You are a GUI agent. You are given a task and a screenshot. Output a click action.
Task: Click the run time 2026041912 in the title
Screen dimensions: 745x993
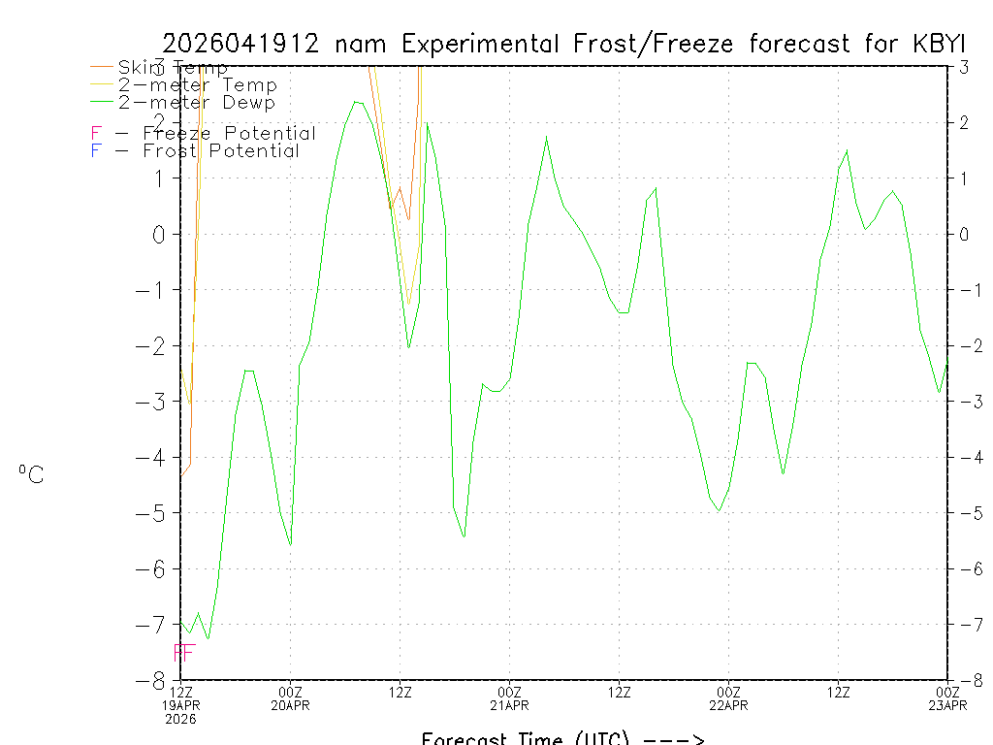coord(241,45)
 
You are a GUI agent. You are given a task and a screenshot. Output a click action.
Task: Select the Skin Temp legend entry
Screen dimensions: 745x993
coord(173,68)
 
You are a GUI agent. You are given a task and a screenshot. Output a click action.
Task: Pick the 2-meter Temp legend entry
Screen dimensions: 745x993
coord(197,85)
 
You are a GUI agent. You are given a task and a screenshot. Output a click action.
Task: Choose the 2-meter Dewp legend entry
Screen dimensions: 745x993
coord(196,103)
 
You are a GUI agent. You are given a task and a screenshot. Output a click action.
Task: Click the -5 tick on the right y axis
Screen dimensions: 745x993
coord(964,512)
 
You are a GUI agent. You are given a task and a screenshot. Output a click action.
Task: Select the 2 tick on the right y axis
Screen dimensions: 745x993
coord(964,122)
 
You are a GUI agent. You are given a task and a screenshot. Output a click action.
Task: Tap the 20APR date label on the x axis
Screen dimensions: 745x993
coord(291,705)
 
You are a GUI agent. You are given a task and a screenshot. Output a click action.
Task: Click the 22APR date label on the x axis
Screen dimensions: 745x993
coord(729,705)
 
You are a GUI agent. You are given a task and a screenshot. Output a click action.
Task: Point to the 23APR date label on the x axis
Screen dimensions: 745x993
coord(947,705)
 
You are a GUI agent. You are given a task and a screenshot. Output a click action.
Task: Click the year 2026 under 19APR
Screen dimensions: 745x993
coord(181,720)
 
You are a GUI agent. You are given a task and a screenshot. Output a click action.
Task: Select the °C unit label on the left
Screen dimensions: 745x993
coord(31,474)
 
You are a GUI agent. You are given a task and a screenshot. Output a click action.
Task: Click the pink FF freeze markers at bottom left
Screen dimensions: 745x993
coord(184,653)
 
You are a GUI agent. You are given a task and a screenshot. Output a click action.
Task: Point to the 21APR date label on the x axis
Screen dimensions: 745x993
coord(510,705)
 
